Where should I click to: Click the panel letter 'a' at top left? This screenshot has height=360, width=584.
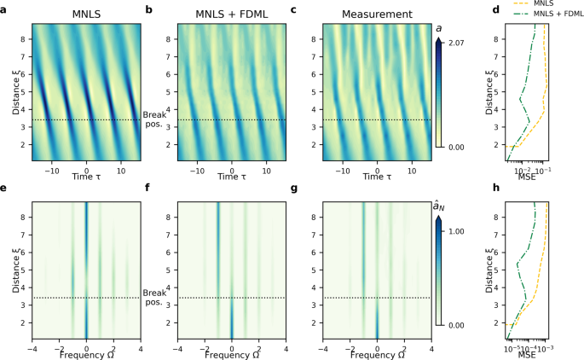point(4,9)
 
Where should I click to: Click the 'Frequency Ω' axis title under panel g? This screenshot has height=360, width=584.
point(377,354)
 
